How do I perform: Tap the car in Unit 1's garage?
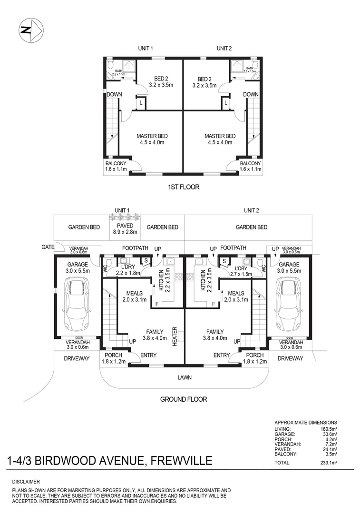[x=77, y=305]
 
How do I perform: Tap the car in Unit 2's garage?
[x=288, y=305]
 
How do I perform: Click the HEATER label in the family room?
[x=175, y=336]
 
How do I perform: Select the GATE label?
[x=48, y=247]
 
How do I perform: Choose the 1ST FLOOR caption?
[x=184, y=187]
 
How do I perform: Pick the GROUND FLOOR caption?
[x=184, y=399]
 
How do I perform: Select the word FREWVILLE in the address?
[x=180, y=461]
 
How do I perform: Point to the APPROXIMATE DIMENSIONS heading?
[x=306, y=423]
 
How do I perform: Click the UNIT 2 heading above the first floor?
[x=224, y=49]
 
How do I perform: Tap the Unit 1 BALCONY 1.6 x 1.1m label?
[x=117, y=166]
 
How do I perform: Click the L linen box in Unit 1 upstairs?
[x=141, y=102]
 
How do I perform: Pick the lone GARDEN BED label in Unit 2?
[x=251, y=227]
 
